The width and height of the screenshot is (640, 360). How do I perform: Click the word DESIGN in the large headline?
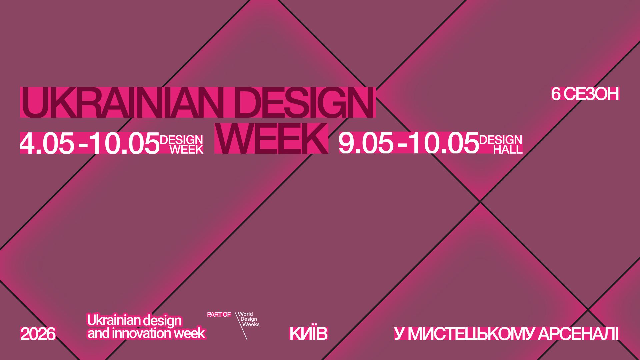tap(304, 102)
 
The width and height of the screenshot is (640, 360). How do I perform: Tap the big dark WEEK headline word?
tap(271, 138)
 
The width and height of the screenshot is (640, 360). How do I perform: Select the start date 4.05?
tap(47, 143)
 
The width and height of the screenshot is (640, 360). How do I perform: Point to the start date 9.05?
tap(366, 143)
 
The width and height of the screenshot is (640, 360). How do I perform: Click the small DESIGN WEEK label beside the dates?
tap(182, 144)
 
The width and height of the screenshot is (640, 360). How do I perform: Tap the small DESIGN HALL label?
tap(501, 144)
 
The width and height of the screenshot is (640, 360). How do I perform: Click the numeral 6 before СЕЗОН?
tap(556, 94)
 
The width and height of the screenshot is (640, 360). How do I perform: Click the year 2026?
tap(38, 334)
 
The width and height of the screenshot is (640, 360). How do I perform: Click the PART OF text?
tap(219, 314)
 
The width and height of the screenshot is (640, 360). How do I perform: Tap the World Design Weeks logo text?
tap(249, 319)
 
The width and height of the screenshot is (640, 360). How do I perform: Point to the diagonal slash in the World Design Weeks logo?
tap(241, 326)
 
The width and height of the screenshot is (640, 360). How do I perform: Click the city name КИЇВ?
tap(309, 333)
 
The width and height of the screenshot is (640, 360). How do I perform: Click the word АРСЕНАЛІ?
tap(578, 334)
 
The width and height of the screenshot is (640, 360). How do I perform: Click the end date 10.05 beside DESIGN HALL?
tap(444, 143)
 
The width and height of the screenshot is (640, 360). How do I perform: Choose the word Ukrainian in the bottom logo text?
tap(112, 320)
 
